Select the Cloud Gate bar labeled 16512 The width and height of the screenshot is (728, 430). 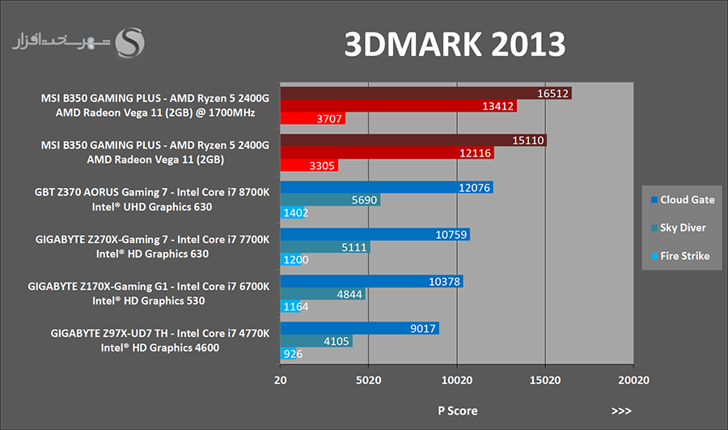(425, 93)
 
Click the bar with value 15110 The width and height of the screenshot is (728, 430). (413, 140)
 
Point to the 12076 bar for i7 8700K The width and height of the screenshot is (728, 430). (386, 188)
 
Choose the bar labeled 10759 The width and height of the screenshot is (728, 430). (375, 235)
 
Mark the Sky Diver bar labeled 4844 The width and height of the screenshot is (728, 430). (322, 294)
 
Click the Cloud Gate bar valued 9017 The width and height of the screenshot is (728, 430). (359, 328)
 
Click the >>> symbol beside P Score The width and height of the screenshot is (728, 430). (621, 411)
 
